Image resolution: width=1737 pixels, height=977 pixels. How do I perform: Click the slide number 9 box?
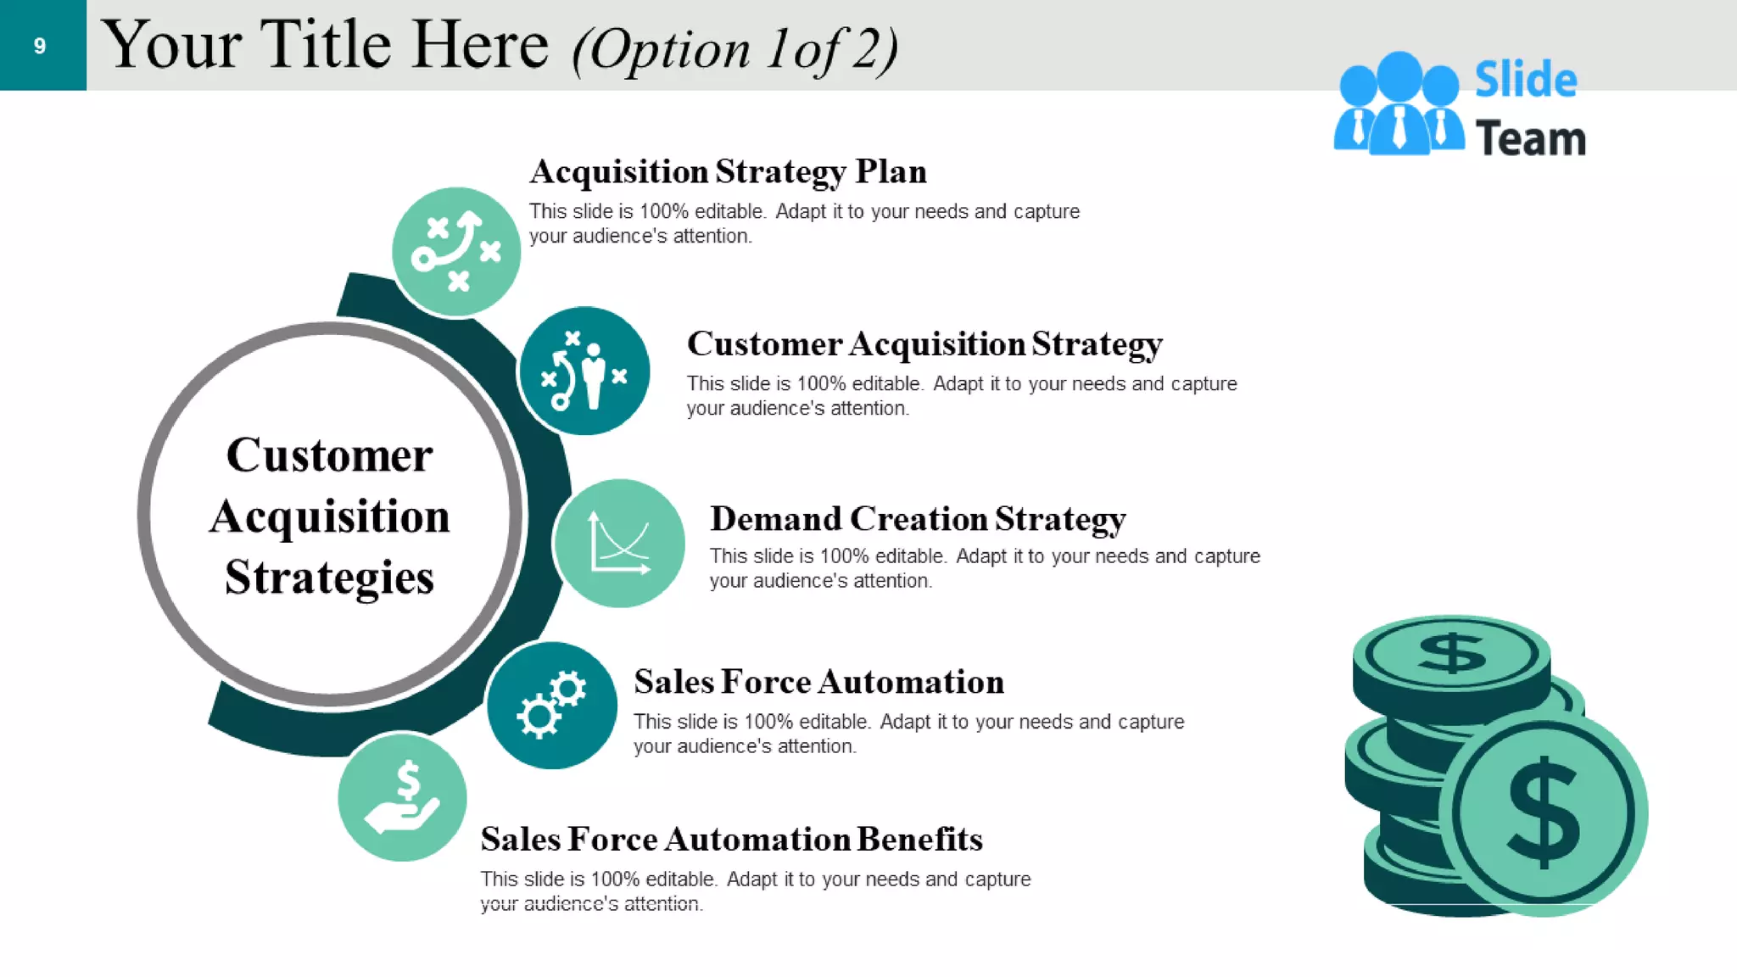pos(42,45)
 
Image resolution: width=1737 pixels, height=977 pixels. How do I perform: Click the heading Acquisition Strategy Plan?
pos(728,172)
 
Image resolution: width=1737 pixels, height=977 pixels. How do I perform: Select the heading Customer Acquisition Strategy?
pos(924,344)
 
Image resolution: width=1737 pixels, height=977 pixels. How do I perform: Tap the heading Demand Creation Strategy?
pos(918,519)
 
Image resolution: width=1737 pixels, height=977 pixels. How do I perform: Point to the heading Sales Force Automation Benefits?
pos(731,840)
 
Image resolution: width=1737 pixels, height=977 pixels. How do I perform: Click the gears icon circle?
pos(551,706)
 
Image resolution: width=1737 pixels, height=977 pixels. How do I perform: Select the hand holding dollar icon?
pos(402,797)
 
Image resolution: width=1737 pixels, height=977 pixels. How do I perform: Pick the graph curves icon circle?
pos(619,544)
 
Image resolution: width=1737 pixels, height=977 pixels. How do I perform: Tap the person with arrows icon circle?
pos(584,371)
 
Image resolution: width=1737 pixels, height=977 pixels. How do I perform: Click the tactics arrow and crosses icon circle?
pos(456,251)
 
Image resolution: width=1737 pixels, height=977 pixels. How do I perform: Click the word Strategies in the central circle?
pos(329,578)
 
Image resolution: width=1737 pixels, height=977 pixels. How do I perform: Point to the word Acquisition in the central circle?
pos(329,517)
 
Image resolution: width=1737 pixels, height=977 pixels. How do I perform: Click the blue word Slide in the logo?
pos(1525,80)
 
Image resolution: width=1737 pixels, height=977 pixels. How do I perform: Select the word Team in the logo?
pos(1530,139)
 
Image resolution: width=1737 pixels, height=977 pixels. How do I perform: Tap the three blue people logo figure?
pos(1399,106)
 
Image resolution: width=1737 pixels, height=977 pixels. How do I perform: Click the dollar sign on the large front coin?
pos(1544,812)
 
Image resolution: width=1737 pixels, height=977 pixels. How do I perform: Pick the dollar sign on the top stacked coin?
pos(1452,654)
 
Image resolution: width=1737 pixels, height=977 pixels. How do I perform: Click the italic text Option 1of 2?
pos(734,49)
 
